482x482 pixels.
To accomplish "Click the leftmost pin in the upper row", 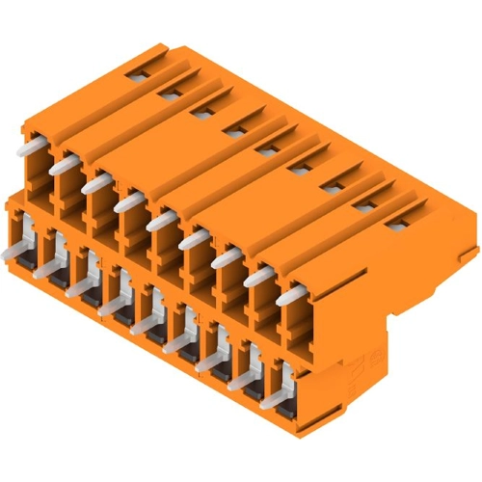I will (37, 142).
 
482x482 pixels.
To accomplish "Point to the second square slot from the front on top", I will (363, 206).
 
